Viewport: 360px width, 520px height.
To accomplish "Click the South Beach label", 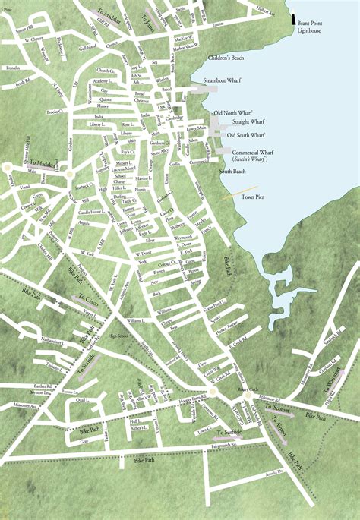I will point(233,172).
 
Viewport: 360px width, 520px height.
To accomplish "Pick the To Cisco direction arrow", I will point(87,298).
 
